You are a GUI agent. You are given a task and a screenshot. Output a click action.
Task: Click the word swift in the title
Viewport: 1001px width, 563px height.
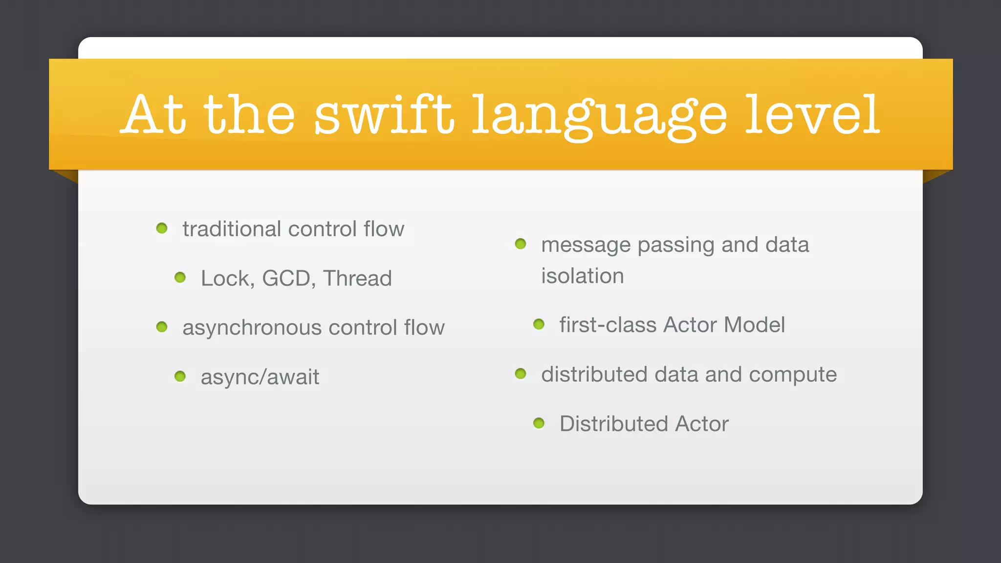(384, 115)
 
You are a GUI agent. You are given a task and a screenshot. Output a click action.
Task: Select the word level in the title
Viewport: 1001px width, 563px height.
(812, 115)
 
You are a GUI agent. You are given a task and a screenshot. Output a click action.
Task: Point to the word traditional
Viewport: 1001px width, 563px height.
(232, 229)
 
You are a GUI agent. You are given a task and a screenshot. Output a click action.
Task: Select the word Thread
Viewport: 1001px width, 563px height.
(357, 279)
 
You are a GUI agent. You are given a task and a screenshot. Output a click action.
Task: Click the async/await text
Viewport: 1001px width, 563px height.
(260, 377)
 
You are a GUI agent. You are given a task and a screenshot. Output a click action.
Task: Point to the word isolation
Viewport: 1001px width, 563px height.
(582, 276)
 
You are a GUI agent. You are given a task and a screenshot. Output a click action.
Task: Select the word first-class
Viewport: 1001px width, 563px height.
(608, 325)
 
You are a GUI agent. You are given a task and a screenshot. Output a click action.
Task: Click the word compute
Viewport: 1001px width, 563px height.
(792, 375)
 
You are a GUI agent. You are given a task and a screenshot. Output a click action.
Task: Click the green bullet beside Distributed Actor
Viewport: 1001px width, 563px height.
(539, 423)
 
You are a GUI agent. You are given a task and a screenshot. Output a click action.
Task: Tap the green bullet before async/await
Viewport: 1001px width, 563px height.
(180, 376)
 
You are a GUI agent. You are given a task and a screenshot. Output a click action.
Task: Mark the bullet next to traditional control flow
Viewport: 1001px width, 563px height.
(162, 228)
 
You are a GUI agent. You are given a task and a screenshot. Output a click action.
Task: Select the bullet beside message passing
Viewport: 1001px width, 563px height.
(521, 244)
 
